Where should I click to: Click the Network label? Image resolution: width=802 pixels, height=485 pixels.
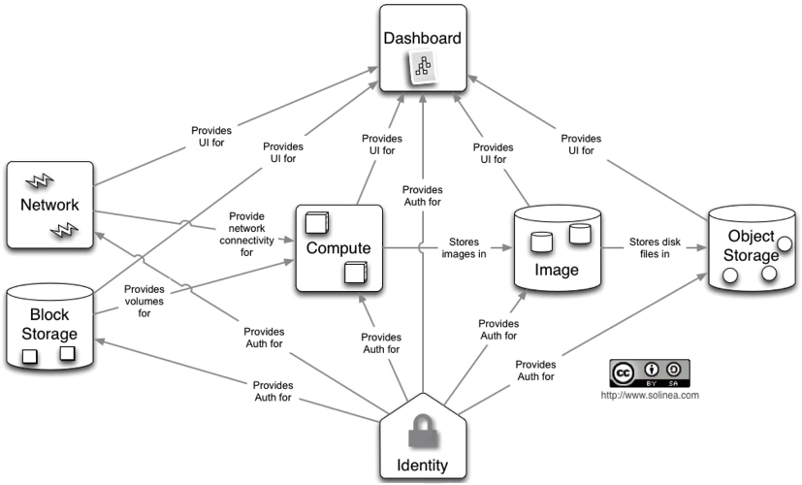49,205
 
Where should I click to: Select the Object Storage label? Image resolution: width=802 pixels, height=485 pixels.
751,246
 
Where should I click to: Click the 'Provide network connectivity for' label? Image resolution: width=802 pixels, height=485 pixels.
247,233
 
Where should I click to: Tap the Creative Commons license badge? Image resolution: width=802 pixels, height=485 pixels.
650,372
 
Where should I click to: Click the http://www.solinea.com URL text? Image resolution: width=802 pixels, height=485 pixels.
650,395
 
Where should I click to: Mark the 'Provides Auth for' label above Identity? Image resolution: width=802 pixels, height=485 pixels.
421,194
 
